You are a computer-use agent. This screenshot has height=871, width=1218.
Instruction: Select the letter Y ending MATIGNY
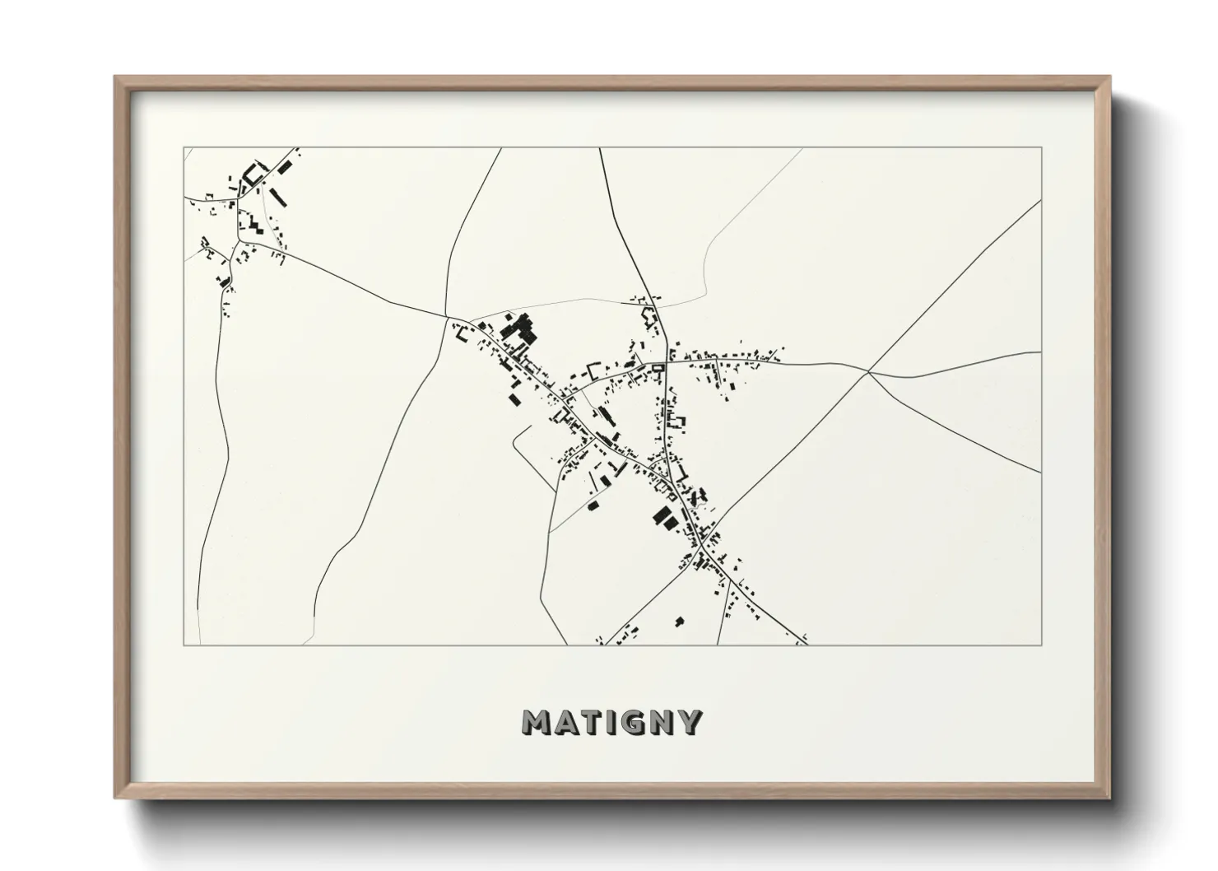tap(689, 722)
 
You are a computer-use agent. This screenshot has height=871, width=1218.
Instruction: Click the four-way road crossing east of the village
tap(868, 372)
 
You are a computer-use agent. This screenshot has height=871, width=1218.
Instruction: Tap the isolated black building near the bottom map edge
tap(679, 620)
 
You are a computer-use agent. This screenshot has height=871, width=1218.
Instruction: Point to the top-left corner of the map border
tap(184, 148)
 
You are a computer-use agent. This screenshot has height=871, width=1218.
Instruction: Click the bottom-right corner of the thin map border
tap(1042, 645)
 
